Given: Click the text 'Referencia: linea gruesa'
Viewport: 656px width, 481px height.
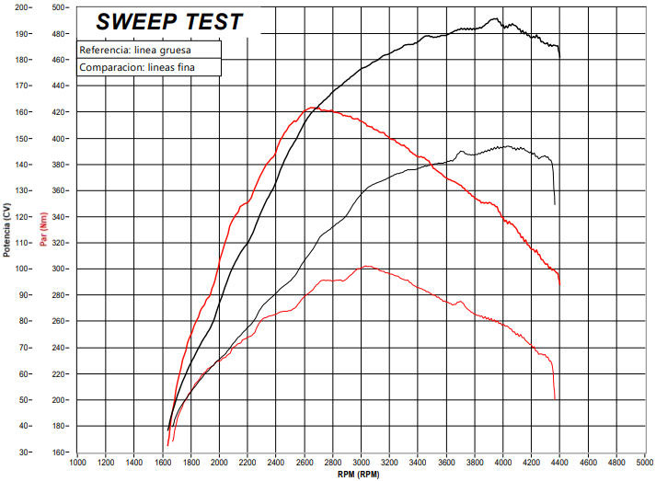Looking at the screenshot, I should (135, 50).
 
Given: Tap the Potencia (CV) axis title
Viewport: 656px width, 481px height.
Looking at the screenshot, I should (7, 229).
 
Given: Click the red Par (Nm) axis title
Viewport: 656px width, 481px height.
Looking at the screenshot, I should (42, 229).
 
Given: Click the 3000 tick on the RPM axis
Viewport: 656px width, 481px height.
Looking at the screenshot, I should (362, 462).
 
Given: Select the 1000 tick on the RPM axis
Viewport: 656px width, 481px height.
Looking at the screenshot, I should (77, 462).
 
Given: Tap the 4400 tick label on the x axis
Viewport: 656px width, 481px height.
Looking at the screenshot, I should (560, 462).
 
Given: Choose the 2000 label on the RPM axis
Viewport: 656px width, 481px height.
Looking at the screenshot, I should (220, 462).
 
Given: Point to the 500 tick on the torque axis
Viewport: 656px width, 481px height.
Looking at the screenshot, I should (60, 7).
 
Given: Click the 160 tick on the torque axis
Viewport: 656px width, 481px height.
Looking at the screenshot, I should (60, 452).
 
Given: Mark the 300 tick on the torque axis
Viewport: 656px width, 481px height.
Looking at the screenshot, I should (60, 269).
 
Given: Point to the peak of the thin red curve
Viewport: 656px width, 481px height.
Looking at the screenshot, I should (366, 267).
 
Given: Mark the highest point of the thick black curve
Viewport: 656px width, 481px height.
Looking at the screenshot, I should (495, 18).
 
